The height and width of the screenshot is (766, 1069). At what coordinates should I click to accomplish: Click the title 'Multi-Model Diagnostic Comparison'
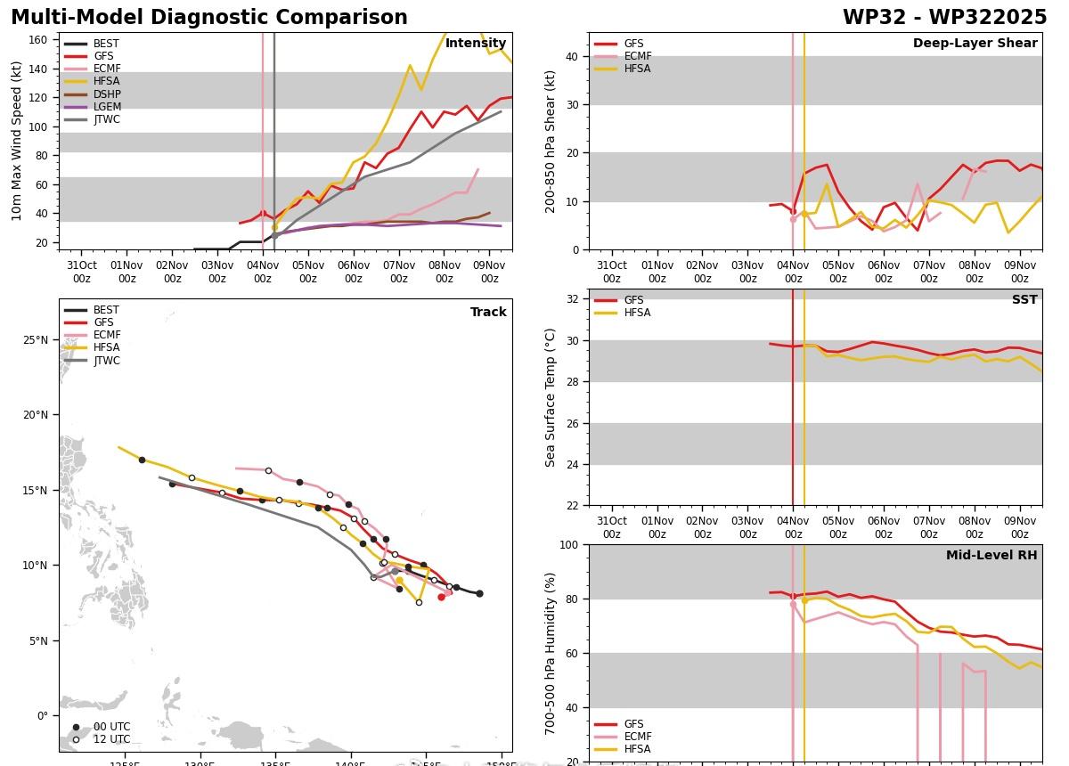(x=209, y=18)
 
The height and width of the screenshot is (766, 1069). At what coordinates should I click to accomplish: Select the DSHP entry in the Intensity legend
(x=106, y=94)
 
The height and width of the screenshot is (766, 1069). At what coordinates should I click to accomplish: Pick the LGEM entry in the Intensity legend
(x=106, y=107)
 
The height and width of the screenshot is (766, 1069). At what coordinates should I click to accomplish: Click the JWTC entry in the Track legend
(x=106, y=361)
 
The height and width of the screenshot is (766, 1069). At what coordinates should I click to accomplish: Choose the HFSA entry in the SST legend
(x=637, y=314)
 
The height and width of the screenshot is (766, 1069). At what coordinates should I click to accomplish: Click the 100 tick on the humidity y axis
(x=571, y=545)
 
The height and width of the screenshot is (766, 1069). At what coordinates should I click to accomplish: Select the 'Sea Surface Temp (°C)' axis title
(x=551, y=397)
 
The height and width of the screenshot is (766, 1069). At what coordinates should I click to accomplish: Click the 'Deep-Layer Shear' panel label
(x=975, y=44)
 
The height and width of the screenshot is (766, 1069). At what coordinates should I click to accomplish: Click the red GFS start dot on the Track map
(x=441, y=597)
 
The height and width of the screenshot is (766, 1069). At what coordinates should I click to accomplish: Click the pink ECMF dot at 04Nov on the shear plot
(x=793, y=219)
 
